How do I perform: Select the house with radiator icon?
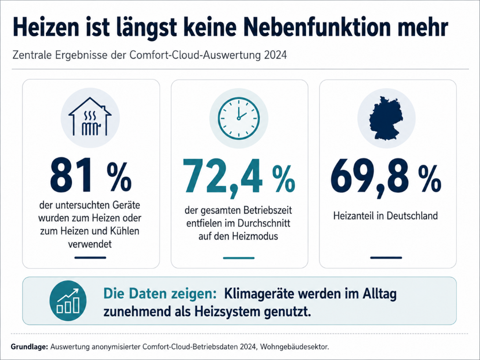[90, 117]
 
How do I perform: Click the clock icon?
[239, 118]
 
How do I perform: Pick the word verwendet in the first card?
[90, 244]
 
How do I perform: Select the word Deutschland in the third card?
[412, 216]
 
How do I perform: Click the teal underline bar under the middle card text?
[239, 258]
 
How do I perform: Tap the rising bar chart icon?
[68, 301]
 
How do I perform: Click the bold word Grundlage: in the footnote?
[30, 347]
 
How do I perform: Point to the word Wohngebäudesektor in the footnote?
[294, 347]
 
